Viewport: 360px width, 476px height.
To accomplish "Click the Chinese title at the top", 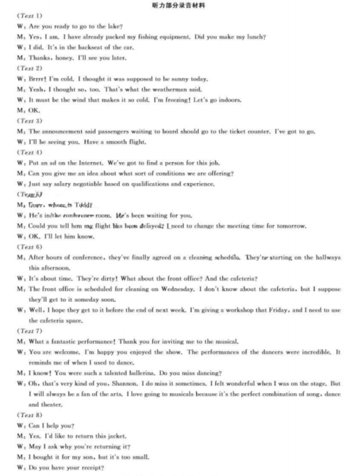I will coord(179,6).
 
